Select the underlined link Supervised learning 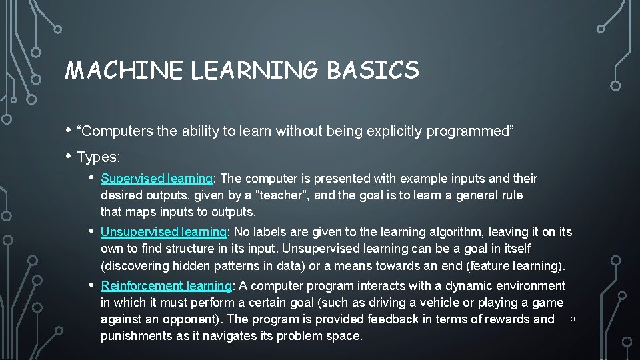(156, 179)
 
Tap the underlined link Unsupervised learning (163, 232)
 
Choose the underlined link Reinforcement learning (165, 286)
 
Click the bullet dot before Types (69, 157)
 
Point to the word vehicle (419, 303)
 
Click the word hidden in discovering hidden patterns (183, 266)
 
